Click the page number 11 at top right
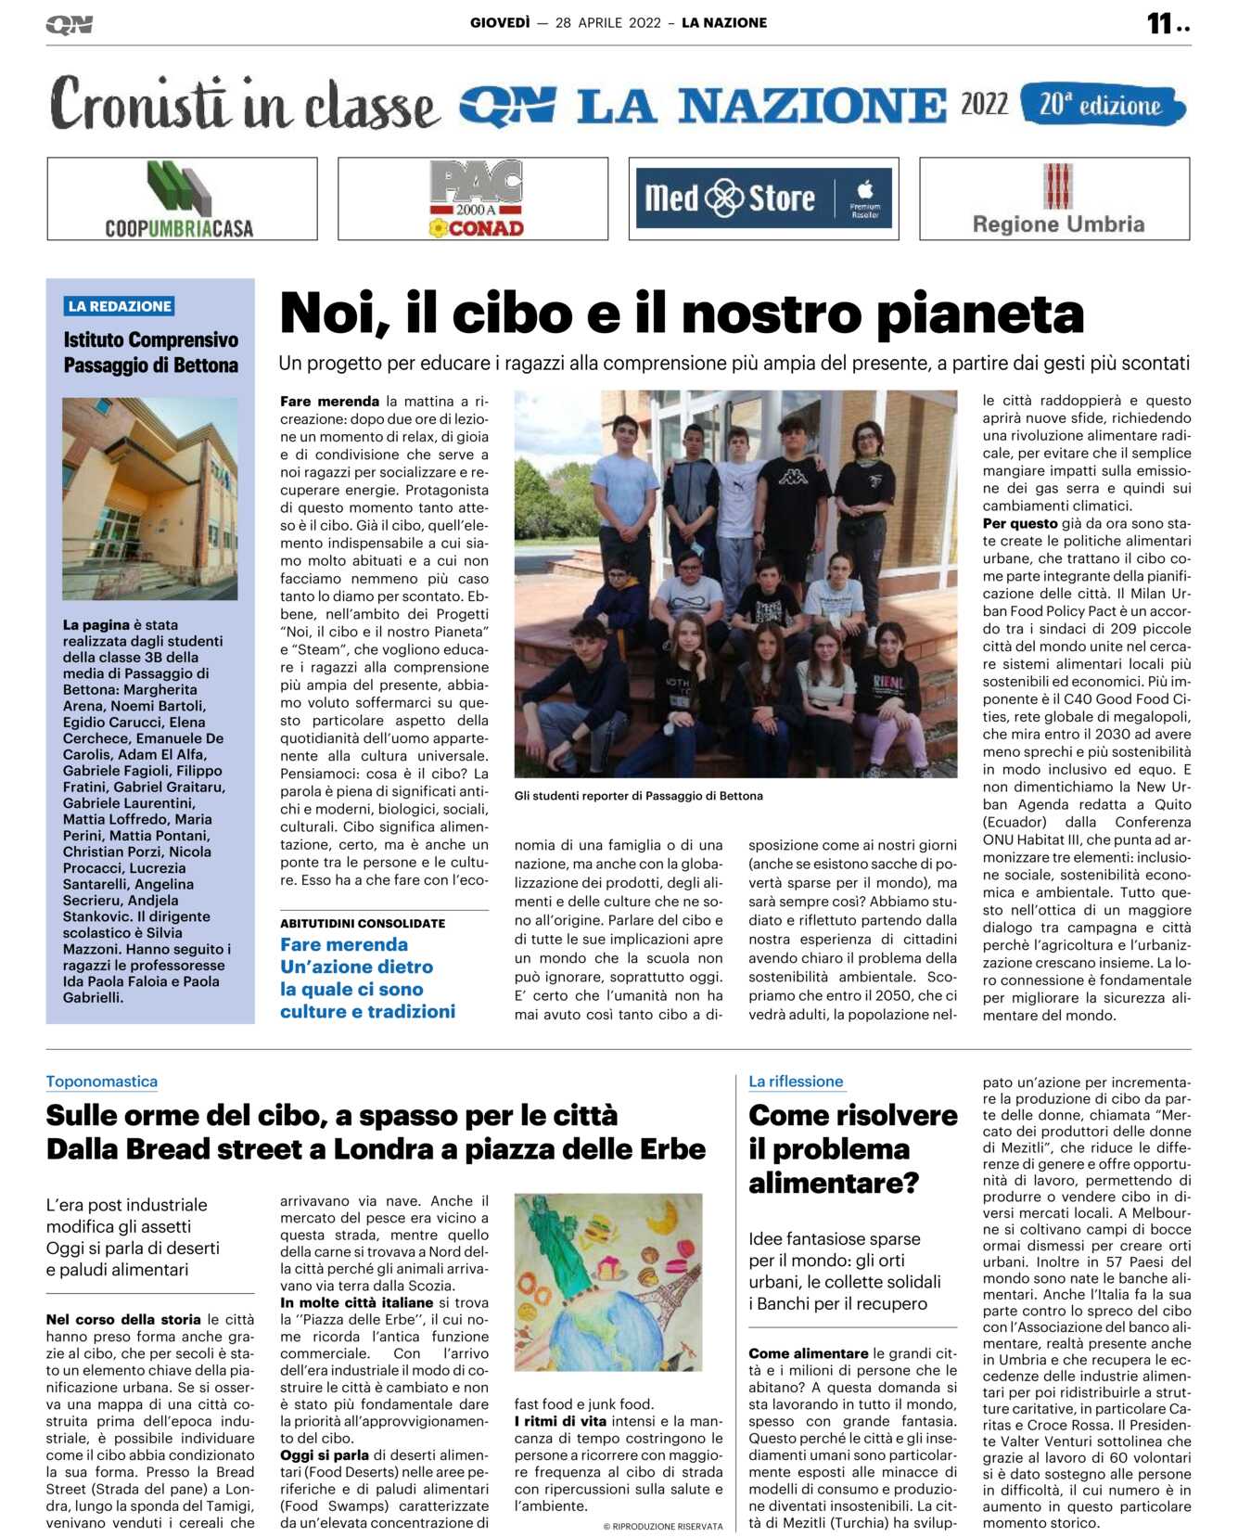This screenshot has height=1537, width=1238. tap(1159, 23)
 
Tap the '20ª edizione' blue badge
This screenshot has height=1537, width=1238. tap(1102, 105)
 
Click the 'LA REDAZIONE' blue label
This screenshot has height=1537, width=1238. tap(120, 306)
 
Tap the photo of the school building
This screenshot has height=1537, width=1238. tap(149, 499)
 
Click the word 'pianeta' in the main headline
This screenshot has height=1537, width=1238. tap(979, 314)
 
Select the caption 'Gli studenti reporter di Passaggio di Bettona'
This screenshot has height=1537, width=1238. tap(639, 796)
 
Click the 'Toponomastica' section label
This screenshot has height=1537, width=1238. tap(102, 1082)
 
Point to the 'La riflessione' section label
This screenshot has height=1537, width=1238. tap(796, 1082)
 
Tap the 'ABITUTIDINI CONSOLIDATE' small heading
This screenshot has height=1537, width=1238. tap(363, 924)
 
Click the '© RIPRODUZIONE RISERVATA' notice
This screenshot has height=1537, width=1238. tap(662, 1527)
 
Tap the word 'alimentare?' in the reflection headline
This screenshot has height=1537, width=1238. tap(834, 1184)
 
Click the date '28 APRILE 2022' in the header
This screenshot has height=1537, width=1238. tap(607, 23)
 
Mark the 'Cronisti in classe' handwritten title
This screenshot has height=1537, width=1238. tap(243, 104)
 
